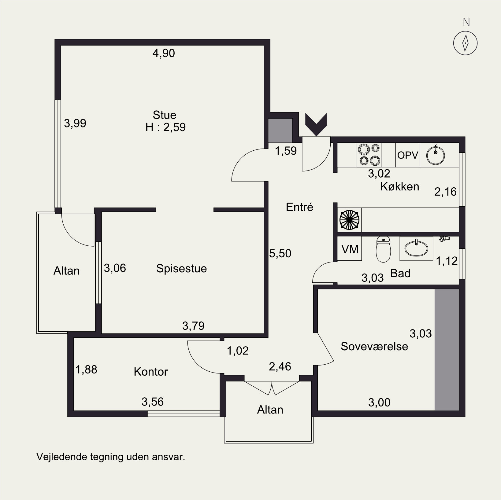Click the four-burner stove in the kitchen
[x=369, y=155]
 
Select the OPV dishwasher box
[x=408, y=155]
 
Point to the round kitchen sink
[x=436, y=155]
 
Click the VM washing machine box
[x=349, y=248]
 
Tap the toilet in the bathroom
[x=383, y=249]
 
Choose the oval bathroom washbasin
[x=416, y=248]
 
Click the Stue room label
[x=165, y=115]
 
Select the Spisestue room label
[x=181, y=268]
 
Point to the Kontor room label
[x=151, y=372]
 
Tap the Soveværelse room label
[x=374, y=346]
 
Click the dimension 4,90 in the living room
[x=164, y=53]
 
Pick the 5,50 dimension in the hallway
[x=280, y=253]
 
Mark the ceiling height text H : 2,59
[x=165, y=127]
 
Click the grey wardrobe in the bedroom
[x=447, y=350]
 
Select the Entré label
[x=299, y=207]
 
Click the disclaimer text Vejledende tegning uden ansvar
[x=111, y=457]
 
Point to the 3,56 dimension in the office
[x=153, y=402]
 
